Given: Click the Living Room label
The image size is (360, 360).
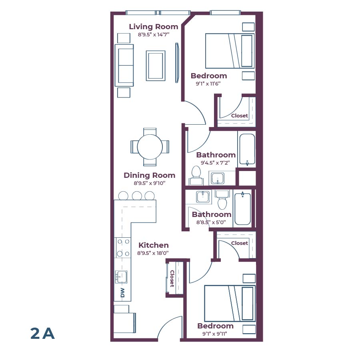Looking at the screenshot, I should pyautogui.click(x=153, y=27).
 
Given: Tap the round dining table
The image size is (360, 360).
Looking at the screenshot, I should pyautogui.click(x=150, y=147).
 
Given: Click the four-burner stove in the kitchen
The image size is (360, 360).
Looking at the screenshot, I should pyautogui.click(x=123, y=248).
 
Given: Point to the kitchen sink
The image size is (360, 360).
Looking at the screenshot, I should pyautogui.click(x=121, y=276).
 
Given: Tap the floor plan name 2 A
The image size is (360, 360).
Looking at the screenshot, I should pyautogui.click(x=42, y=333).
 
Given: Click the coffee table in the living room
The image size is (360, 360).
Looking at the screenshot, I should pyautogui.click(x=156, y=65).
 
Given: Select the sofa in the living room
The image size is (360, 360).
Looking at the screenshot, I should pyautogui.click(x=124, y=65).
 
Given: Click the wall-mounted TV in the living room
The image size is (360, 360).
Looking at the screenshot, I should pyautogui.click(x=177, y=63).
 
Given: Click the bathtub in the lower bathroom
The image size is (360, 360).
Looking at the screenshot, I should pyautogui.click(x=242, y=209).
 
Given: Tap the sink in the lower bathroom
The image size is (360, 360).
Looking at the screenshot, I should pyautogui.click(x=202, y=196).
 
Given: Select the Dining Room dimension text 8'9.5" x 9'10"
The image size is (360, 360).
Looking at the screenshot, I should pyautogui.click(x=149, y=183).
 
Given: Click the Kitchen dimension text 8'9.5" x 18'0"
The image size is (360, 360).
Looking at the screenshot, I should pyautogui.click(x=153, y=253).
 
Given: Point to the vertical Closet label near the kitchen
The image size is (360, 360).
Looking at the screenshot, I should pyautogui.click(x=172, y=278).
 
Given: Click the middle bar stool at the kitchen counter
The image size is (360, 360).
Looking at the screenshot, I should pyautogui.click(x=136, y=196).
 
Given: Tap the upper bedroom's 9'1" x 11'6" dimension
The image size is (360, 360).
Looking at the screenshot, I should pyautogui.click(x=208, y=84).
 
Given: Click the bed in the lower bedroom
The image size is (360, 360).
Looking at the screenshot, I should pyautogui.click(x=230, y=303).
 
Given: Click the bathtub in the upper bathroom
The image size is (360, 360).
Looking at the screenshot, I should pyautogui.click(x=246, y=150).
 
